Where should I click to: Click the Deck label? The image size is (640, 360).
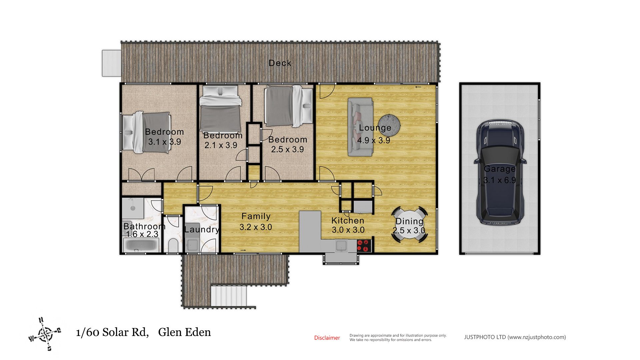point(280,63)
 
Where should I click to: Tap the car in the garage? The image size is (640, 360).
point(500,173)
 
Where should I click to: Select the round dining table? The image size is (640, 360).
point(409,225)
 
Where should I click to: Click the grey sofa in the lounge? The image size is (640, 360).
point(360,127)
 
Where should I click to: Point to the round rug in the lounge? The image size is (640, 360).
point(389,125)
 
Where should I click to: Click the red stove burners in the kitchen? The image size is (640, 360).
point(364,246)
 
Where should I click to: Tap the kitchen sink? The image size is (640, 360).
point(341,246)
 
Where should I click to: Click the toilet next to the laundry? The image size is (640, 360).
point(173,245)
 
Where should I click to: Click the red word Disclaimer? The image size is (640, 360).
point(327,338)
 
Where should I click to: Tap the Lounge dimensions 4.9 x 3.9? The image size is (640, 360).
point(374,140)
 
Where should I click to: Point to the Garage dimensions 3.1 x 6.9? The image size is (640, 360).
point(500,180)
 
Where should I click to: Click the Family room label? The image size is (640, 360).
point(256,216)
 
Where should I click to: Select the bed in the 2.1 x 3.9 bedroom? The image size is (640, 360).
point(220,109)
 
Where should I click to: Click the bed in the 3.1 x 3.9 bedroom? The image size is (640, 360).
point(147,132)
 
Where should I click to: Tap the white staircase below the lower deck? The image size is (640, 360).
point(229,296)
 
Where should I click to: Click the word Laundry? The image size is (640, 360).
point(202,230)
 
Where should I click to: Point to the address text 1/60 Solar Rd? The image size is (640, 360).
point(112,332)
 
